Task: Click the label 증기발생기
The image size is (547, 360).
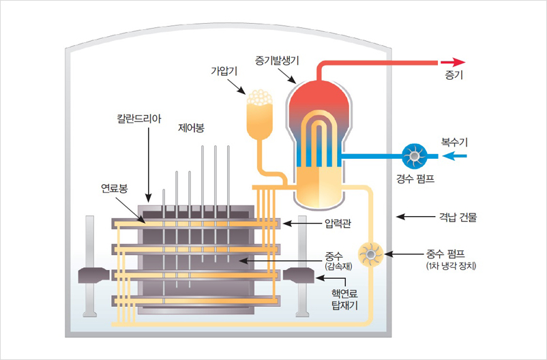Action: (278, 60)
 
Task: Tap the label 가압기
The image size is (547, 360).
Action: (222, 70)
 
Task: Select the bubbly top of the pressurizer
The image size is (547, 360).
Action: (260, 99)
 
